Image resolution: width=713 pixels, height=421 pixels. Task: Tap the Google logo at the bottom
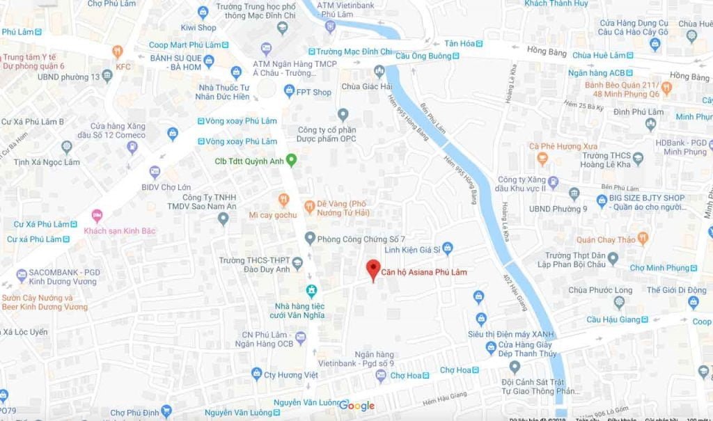[x=357, y=406]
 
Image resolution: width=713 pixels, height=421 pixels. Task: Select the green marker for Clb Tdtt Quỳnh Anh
[x=292, y=161]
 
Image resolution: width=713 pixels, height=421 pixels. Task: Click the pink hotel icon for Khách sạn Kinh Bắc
[x=97, y=216]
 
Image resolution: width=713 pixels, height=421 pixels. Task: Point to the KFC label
[x=123, y=67]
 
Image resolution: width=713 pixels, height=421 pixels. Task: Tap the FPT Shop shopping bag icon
[x=289, y=91]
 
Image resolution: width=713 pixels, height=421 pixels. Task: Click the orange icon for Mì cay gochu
[x=283, y=200]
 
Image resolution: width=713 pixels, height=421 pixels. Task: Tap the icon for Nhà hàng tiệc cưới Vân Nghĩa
[x=311, y=289]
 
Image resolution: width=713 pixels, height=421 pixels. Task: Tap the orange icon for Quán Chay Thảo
[x=642, y=239]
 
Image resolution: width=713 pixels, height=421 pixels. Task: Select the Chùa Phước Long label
[x=600, y=290]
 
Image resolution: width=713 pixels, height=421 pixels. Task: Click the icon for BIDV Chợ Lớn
[x=155, y=172]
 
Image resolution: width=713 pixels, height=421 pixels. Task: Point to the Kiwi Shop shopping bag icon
[x=203, y=12]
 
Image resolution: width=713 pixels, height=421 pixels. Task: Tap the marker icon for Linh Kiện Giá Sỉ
[x=447, y=247]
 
